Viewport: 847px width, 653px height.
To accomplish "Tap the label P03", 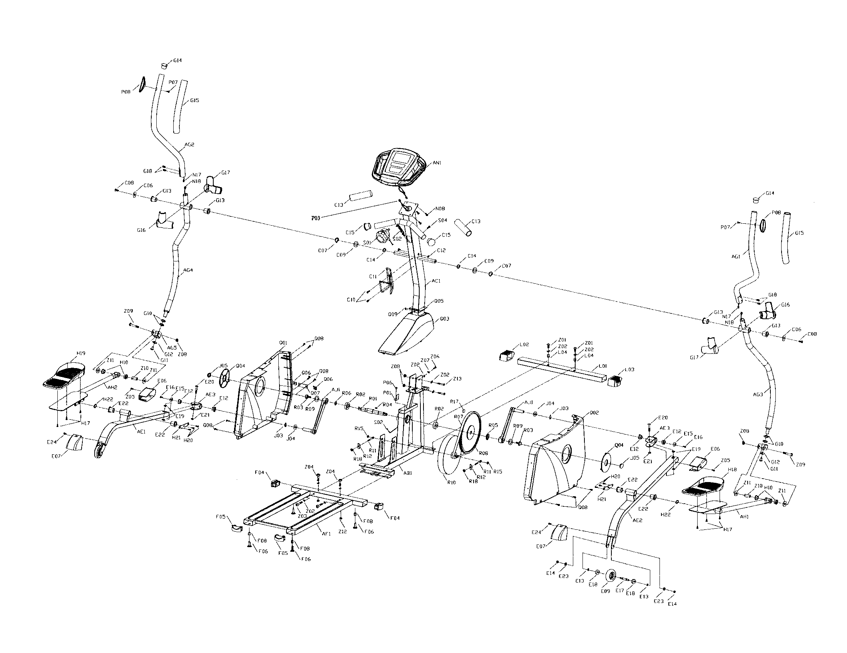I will (x=316, y=218).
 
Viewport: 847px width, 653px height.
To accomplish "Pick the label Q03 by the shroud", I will (x=444, y=319).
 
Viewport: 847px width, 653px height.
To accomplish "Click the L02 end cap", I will (x=506, y=355).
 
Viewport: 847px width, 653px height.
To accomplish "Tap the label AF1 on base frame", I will (x=326, y=534).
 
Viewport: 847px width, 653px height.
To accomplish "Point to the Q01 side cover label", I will (x=283, y=343).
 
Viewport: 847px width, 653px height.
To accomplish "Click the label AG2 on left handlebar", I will (x=189, y=145).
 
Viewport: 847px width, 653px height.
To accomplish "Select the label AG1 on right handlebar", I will (x=736, y=256).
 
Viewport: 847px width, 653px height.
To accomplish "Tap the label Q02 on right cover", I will (x=594, y=413).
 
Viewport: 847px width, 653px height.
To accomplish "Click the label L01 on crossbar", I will (x=602, y=366).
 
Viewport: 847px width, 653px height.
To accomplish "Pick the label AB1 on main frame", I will (x=408, y=473).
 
